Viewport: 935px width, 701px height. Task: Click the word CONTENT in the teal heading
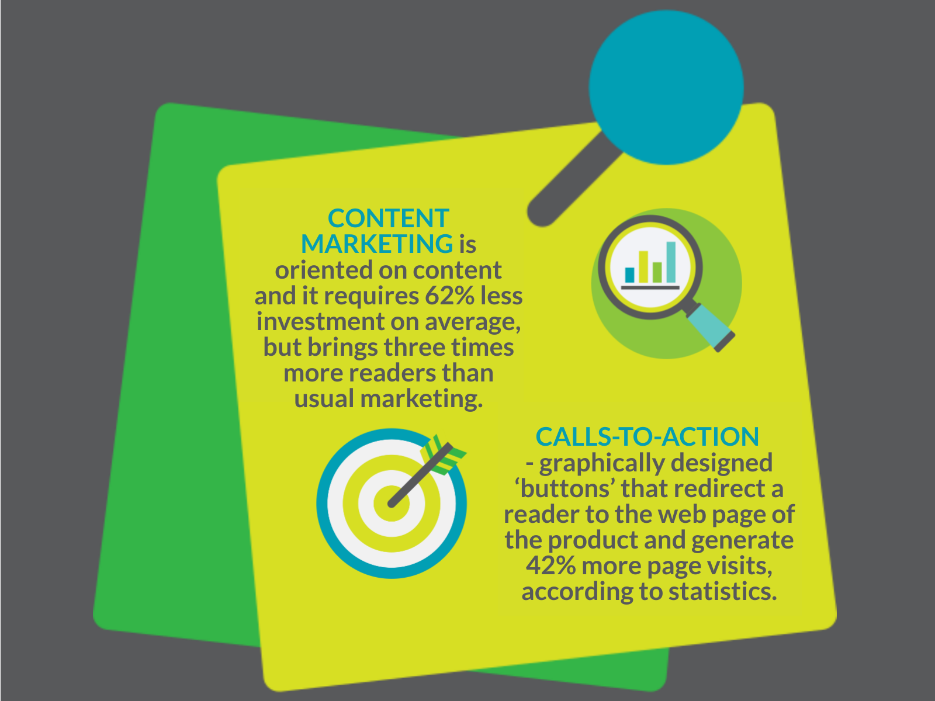(388, 218)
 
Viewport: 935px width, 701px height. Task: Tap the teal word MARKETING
(377, 244)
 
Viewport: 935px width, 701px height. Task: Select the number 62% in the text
(450, 296)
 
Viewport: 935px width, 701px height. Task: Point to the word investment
(321, 321)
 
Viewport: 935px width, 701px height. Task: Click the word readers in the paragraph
(392, 373)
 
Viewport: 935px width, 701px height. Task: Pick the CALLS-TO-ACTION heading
(647, 437)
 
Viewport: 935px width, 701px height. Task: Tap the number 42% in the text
(551, 566)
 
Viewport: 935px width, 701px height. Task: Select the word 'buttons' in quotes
(566, 488)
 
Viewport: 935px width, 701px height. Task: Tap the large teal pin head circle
(666, 87)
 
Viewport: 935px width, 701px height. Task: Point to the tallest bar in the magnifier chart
(671, 262)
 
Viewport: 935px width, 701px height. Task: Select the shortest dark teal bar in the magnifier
(629, 275)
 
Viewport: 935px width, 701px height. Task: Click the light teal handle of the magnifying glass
(709, 325)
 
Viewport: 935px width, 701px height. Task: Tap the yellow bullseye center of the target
(392, 504)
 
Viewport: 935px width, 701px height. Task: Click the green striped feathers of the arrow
(443, 454)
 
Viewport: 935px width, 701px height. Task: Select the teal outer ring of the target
(322, 504)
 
